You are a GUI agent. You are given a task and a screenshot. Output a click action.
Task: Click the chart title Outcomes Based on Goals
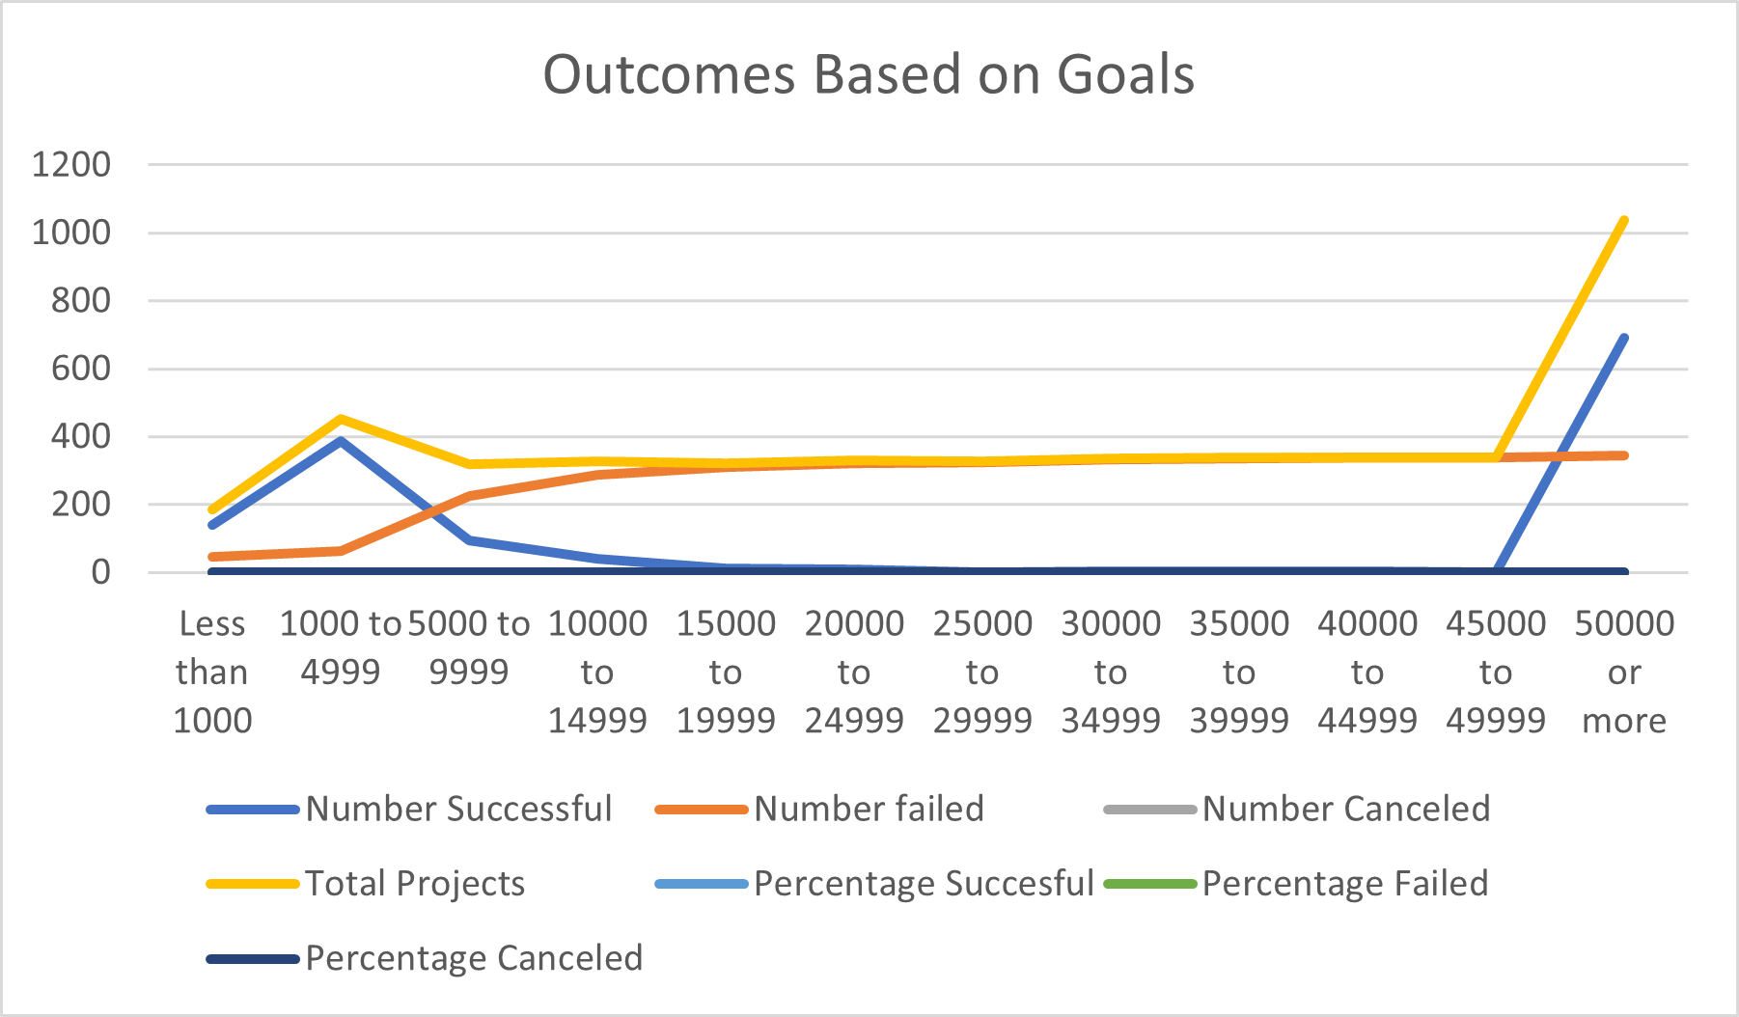(869, 74)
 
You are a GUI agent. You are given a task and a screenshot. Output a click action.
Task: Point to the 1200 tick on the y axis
(71, 164)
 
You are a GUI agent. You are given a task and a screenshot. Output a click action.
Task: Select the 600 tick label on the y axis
(81, 368)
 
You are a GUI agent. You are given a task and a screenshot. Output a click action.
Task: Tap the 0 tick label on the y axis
(100, 572)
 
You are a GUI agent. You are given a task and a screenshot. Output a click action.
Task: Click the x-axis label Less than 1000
(212, 672)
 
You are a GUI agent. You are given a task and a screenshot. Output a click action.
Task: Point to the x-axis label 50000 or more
(1624, 672)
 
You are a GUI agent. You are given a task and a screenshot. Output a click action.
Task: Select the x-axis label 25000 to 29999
(982, 672)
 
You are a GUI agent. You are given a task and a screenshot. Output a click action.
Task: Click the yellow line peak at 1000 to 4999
(341, 419)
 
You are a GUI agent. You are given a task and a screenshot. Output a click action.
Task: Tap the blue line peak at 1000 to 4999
(341, 441)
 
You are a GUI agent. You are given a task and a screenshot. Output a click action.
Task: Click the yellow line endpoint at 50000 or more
(1624, 220)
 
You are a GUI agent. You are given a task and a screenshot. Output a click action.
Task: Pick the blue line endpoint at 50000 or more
(1624, 338)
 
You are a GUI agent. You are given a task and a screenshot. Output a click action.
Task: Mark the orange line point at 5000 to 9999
(469, 496)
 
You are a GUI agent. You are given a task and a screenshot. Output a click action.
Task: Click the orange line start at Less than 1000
(212, 557)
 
